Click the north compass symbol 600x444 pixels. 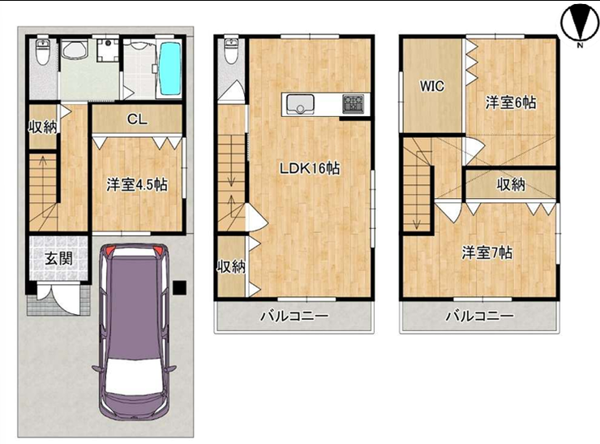tap(580, 23)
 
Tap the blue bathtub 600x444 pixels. tap(170, 68)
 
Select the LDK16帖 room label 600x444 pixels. tap(310, 168)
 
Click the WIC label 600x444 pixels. tap(432, 86)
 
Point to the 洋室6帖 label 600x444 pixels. tap(511, 102)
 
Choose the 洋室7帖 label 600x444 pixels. tap(487, 252)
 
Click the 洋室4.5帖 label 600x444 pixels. tap(136, 185)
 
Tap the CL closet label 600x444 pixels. tap(137, 119)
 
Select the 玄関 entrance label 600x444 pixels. tap(59, 259)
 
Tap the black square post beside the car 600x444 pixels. tap(179, 287)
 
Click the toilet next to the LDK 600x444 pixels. tap(230, 50)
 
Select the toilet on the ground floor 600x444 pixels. tap(41, 53)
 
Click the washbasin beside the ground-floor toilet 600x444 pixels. tap(75, 50)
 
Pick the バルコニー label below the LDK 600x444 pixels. tap(294, 317)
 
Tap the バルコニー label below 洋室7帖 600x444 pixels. tap(479, 317)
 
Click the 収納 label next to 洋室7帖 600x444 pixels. tap(511, 185)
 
